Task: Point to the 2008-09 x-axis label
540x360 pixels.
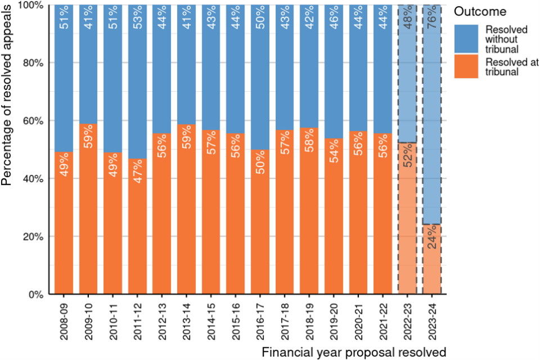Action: pos(65,319)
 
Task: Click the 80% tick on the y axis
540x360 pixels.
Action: pos(34,62)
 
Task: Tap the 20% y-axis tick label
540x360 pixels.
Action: pos(34,236)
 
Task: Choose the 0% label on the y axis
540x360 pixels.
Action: pos(37,294)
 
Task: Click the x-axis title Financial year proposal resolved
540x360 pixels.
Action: pos(354,352)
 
